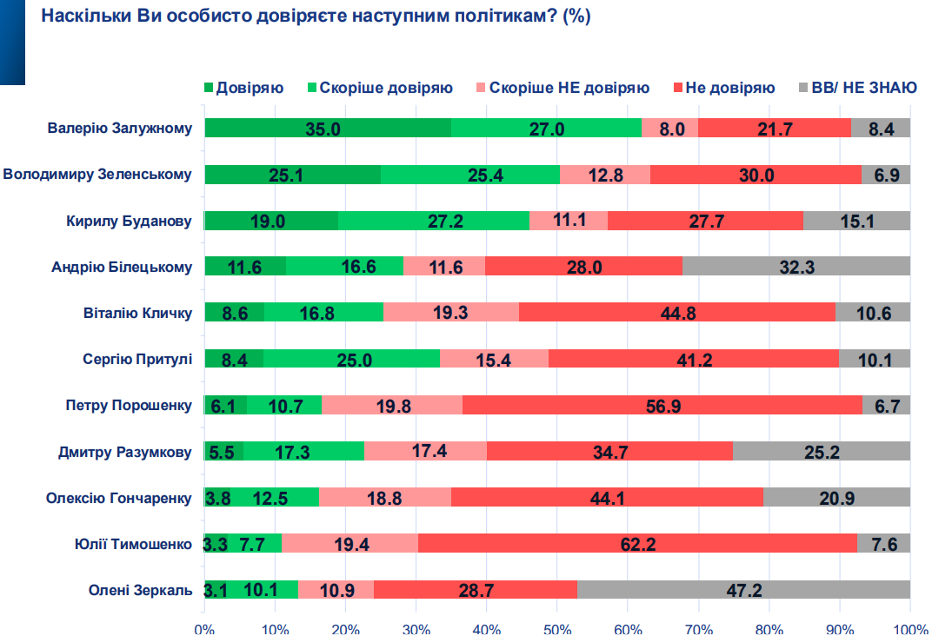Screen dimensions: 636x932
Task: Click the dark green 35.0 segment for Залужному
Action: click(x=328, y=129)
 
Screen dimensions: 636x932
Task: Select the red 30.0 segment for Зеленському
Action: click(x=756, y=174)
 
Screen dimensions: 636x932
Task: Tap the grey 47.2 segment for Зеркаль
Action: click(x=743, y=590)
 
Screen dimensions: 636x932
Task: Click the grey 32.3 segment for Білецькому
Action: click(x=796, y=266)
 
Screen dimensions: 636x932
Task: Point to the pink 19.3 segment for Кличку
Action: click(x=451, y=312)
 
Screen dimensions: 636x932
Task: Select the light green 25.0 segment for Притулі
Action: click(x=351, y=358)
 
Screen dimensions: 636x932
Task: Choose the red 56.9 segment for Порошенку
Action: click(x=662, y=405)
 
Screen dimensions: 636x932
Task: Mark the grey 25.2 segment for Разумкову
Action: click(x=822, y=451)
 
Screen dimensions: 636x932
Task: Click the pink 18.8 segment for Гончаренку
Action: click(x=385, y=498)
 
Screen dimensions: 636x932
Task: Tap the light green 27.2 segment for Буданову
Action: click(x=434, y=221)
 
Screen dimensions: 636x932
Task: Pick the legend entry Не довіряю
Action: click(x=729, y=88)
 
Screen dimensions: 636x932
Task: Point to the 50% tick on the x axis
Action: click(x=557, y=628)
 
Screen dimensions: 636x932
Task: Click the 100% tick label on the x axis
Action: click(x=909, y=628)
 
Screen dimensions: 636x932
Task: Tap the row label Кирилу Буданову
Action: click(x=129, y=221)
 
